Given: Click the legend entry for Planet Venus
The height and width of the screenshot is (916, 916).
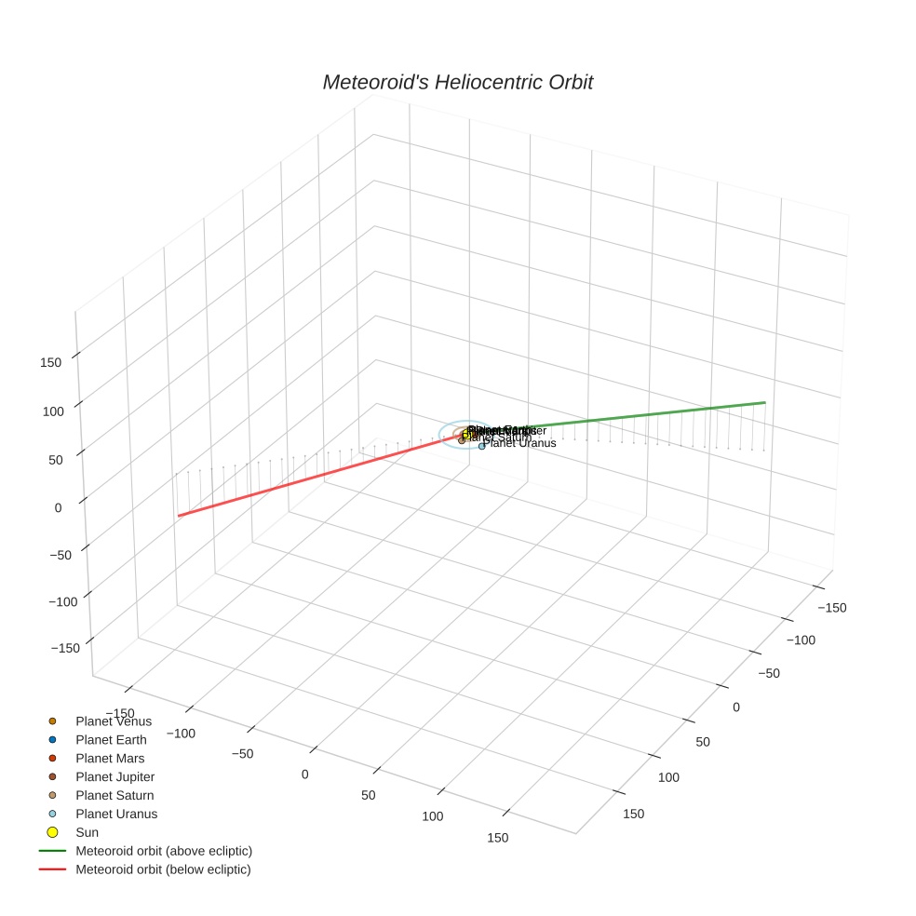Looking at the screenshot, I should point(113,721).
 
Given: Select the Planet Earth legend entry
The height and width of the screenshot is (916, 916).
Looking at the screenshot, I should point(111,740).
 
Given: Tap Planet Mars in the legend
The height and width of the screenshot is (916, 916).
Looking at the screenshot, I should point(110,759).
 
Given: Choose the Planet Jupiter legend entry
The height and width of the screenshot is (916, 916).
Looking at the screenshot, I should point(114,777).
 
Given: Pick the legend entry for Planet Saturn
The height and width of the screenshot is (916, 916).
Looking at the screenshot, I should point(114,796).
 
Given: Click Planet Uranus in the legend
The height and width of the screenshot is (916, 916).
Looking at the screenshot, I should point(116,815).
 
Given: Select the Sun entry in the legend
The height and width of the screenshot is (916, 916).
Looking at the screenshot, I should point(87,832).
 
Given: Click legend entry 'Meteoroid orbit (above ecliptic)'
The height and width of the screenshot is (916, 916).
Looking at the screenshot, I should point(163,851).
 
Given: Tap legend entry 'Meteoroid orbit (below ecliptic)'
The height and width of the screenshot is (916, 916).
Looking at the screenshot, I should point(163,869).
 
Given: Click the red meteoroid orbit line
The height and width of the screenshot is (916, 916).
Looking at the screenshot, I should point(317,478).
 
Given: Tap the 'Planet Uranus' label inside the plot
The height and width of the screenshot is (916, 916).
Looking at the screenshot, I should point(522,443).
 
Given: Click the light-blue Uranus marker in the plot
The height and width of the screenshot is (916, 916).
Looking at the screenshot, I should point(482,446).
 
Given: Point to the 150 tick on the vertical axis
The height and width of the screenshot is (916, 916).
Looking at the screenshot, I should point(51,362).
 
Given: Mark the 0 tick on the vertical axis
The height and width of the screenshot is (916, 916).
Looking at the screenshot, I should point(58,507).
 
